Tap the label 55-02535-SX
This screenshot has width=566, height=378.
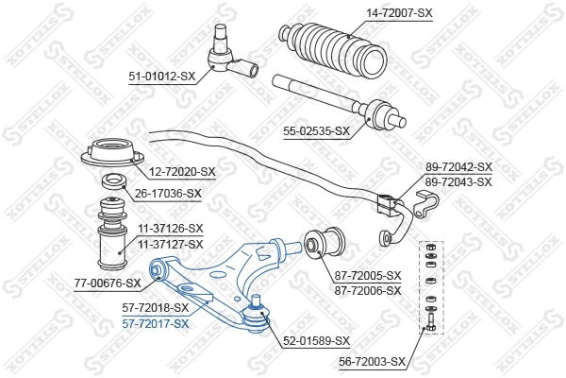pyautogui.click(x=316, y=131)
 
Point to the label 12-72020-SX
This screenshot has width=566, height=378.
pyautogui.click(x=181, y=172)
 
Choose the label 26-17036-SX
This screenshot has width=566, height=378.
pyautogui.click(x=167, y=194)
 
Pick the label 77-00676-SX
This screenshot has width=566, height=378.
pyautogui.click(x=108, y=282)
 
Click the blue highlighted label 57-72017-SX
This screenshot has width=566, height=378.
pyautogui.click(x=155, y=322)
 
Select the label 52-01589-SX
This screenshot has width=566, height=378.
pyautogui.click(x=316, y=340)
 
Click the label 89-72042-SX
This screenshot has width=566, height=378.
pyautogui.click(x=458, y=167)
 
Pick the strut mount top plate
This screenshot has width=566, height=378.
pyautogui.click(x=115, y=153)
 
